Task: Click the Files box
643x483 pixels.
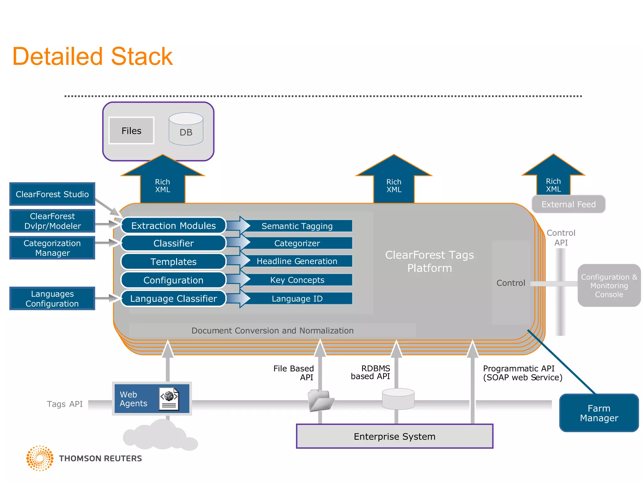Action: (x=131, y=130)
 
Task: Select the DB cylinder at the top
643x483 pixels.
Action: (x=186, y=129)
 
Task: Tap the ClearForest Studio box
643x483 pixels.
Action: (x=52, y=194)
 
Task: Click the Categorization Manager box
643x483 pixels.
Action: (x=52, y=248)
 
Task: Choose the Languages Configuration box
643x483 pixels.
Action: (x=52, y=298)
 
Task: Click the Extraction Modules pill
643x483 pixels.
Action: (x=173, y=225)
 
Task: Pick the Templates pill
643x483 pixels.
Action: (x=173, y=261)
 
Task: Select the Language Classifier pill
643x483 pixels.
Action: (x=173, y=298)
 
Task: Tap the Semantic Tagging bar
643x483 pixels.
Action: (x=297, y=226)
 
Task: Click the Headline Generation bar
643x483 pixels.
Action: (x=297, y=261)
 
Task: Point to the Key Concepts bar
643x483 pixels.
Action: (x=297, y=280)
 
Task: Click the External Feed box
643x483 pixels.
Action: (x=568, y=204)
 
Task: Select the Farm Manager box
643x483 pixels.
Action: (x=599, y=413)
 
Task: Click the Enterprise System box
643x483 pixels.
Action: (x=394, y=436)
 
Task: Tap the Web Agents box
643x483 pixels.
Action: (x=152, y=398)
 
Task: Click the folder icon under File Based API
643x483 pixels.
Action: (x=320, y=400)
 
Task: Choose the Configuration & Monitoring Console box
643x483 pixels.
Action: (x=609, y=285)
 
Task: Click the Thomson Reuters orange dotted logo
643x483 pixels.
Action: (x=40, y=458)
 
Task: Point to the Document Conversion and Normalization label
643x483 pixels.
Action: (x=272, y=330)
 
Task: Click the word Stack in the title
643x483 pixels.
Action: (x=142, y=57)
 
